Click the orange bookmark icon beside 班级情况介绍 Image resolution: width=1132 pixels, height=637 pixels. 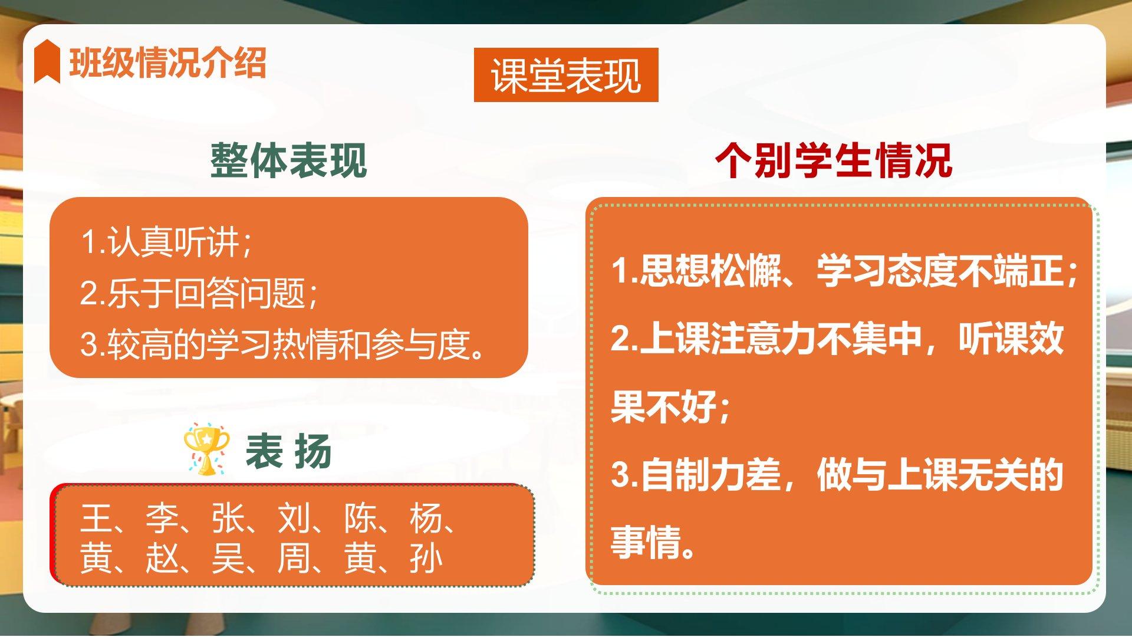pyautogui.click(x=47, y=61)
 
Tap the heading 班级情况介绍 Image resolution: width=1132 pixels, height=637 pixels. pyautogui.click(x=168, y=62)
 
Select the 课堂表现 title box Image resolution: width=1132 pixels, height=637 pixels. pyautogui.click(x=566, y=75)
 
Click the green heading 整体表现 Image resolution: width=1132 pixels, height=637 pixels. pyautogui.click(x=289, y=160)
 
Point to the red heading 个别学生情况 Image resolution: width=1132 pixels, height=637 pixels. pyautogui.click(x=834, y=160)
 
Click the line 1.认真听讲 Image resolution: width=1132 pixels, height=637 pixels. pyautogui.click(x=166, y=242)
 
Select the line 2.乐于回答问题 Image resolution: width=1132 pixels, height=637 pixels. pyautogui.click(x=199, y=293)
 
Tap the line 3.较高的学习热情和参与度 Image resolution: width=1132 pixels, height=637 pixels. pyautogui.click(x=283, y=344)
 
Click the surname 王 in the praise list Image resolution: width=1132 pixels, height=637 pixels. pyautogui.click(x=96, y=518)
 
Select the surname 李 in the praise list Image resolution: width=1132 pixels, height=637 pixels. pyautogui.click(x=162, y=518)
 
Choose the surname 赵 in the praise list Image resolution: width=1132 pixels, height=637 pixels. pyautogui.click(x=162, y=559)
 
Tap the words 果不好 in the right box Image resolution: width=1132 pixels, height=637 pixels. pyautogui.click(x=664, y=406)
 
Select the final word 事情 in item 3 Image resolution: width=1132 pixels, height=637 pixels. pyautogui.click(x=646, y=542)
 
